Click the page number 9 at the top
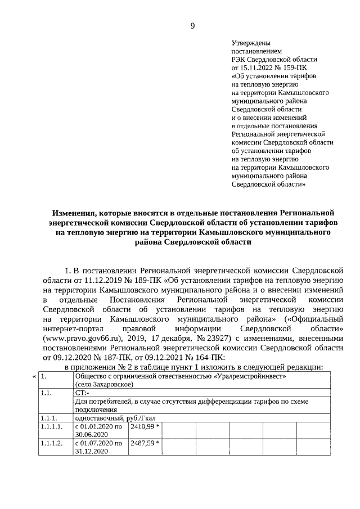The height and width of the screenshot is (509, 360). [x=192, y=25]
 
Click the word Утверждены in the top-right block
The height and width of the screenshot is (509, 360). [x=251, y=43]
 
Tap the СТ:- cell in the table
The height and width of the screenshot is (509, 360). [x=82, y=394]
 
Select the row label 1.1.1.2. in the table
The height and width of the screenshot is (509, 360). [x=52, y=443]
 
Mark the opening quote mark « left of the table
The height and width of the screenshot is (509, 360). [x=34, y=376]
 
